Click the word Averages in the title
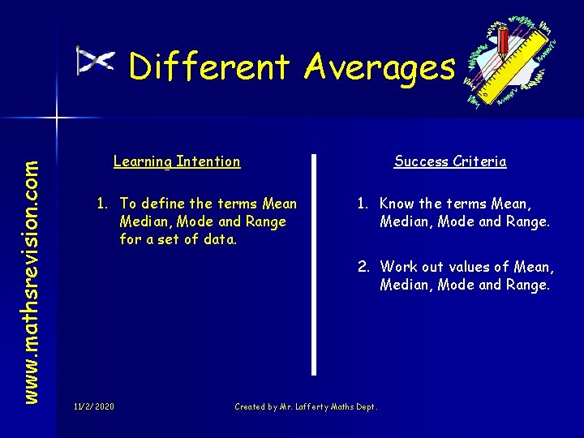coord(380,67)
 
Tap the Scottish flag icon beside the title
coord(95,61)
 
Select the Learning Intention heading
coord(177,161)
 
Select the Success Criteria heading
coord(450,161)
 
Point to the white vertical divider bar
coord(314,264)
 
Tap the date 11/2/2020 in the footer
coord(93,406)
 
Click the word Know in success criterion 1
coord(397,204)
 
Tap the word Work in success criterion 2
coord(397,266)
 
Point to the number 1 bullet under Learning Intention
coord(102,204)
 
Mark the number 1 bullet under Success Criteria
coord(362,204)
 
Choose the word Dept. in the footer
coord(367,406)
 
